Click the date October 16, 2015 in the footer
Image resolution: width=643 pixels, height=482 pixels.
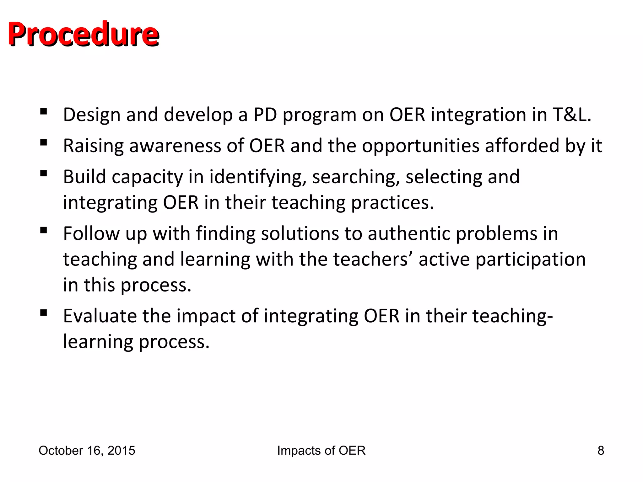(x=87, y=451)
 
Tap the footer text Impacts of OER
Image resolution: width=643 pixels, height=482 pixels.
(x=321, y=451)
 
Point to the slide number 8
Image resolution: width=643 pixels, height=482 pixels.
(x=601, y=451)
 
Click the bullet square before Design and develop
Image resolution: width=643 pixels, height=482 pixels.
(x=44, y=111)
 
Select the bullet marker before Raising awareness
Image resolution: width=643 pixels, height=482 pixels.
(x=44, y=143)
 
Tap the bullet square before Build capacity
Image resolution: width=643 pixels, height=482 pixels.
(x=44, y=174)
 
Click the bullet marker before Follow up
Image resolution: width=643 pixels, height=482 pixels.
(x=44, y=231)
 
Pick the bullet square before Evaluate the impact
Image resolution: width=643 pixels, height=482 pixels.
(x=44, y=313)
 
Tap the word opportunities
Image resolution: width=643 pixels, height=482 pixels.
(x=421, y=147)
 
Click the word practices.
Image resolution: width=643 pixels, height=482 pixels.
(x=392, y=203)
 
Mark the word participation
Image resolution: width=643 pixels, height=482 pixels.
(x=530, y=260)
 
